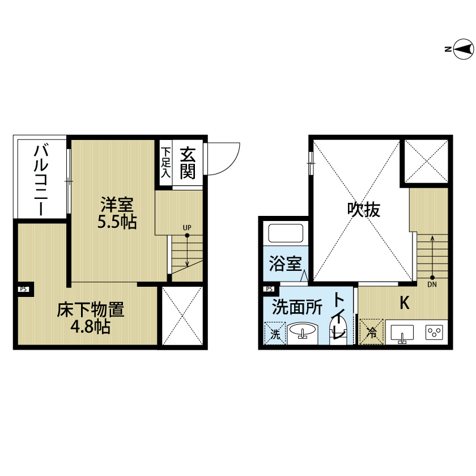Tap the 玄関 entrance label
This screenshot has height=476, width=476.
click(188, 163)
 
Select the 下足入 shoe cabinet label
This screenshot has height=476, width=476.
click(165, 163)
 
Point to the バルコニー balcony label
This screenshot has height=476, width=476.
click(41, 180)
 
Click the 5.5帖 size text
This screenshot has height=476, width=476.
click(117, 222)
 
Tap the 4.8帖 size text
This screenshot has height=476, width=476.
click(90, 326)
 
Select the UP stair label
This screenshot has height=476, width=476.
click(187, 227)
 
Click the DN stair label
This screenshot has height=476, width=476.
click(432, 284)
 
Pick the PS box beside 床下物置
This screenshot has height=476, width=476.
click(23, 290)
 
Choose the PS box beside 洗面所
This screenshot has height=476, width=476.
click(269, 289)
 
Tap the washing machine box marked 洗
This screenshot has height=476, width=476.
click(275, 333)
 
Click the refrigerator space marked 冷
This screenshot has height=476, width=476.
click(371, 331)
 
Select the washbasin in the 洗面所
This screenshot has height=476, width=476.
click(303, 331)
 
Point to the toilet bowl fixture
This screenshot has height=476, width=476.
click(338, 329)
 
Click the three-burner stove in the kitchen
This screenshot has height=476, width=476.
click(434, 332)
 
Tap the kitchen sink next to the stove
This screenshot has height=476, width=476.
click(402, 333)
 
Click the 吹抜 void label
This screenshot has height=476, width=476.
click(364, 210)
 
